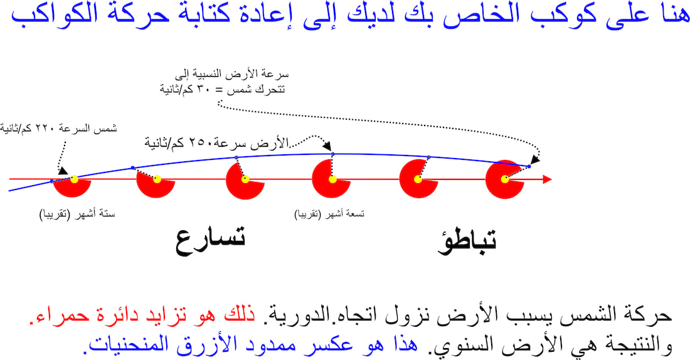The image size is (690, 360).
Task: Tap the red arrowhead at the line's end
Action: point(547,179)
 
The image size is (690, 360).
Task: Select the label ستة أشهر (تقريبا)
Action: point(77,214)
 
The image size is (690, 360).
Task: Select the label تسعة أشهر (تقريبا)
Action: point(329,214)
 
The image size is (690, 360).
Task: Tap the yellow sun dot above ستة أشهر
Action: point(75,179)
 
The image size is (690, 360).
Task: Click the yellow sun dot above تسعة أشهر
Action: point(332,179)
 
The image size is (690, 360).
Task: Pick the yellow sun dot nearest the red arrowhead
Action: point(505,179)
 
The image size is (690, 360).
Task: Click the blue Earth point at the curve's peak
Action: point(332,154)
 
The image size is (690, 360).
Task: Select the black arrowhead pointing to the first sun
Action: point(63,171)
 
